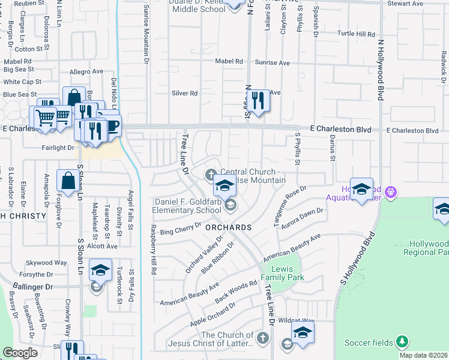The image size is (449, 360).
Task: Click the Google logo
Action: (20, 353)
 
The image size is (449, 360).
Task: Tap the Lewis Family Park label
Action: (287, 273)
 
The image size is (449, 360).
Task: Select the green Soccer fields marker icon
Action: (403, 343)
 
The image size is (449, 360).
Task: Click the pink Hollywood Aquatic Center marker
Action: (391, 191)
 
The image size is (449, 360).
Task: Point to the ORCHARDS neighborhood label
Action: (228, 227)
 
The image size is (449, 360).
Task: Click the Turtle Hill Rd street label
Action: (357, 34)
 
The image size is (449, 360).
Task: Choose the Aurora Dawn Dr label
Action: (304, 218)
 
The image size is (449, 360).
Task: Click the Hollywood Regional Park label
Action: (428, 248)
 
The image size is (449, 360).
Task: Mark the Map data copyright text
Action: (423, 355)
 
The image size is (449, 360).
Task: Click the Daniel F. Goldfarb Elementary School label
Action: (186, 206)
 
